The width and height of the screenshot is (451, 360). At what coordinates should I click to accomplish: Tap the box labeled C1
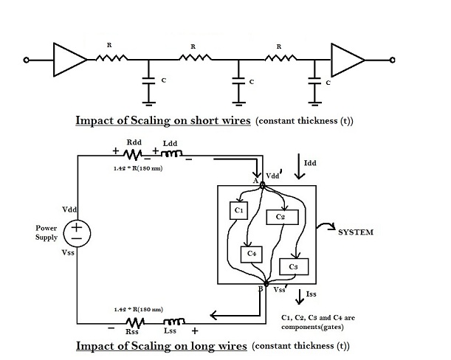point(238,211)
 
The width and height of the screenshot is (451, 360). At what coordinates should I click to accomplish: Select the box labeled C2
point(281,216)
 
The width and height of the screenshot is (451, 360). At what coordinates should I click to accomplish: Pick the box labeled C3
point(293,266)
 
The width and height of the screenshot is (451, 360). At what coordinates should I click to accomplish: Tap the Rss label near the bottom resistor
point(133,332)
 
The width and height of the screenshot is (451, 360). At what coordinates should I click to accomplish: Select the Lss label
point(173,332)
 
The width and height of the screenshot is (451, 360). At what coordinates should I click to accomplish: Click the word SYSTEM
point(355,232)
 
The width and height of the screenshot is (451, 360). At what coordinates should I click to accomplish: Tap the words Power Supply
point(46,232)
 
